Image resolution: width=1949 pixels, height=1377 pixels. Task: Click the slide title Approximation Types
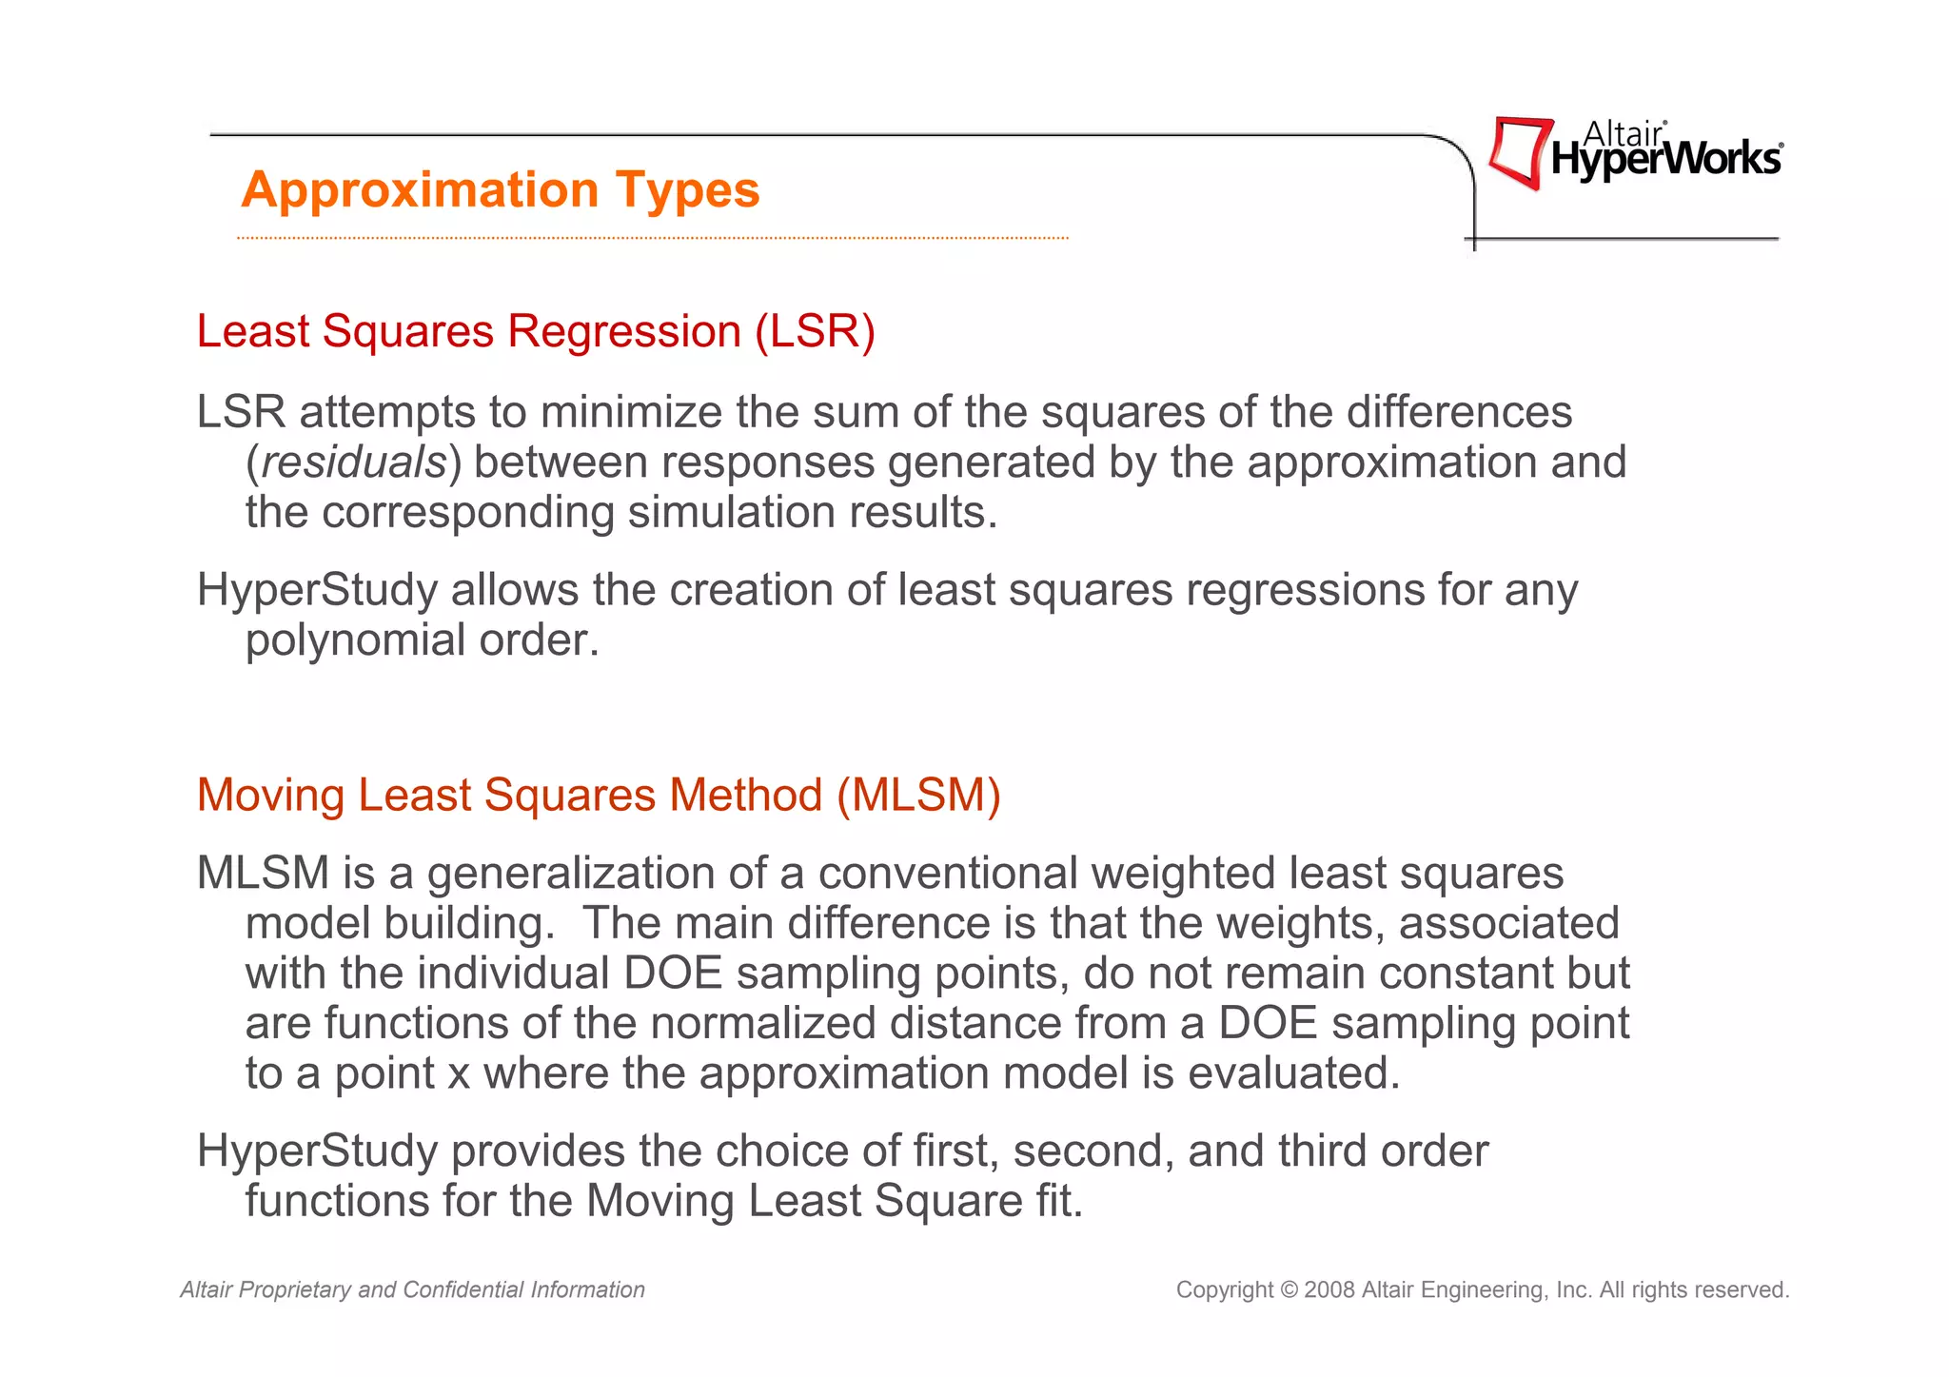point(501,189)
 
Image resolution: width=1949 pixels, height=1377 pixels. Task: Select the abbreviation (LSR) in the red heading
point(815,331)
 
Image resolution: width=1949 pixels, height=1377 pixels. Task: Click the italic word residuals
point(354,462)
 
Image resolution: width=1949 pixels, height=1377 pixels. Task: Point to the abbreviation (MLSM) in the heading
point(918,795)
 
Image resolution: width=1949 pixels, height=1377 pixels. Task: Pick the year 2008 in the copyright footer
point(1329,1290)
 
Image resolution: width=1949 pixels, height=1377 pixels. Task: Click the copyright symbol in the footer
point(1289,1290)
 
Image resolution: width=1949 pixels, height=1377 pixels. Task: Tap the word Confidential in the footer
point(463,1290)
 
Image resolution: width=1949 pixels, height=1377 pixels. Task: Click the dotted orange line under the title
point(653,238)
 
